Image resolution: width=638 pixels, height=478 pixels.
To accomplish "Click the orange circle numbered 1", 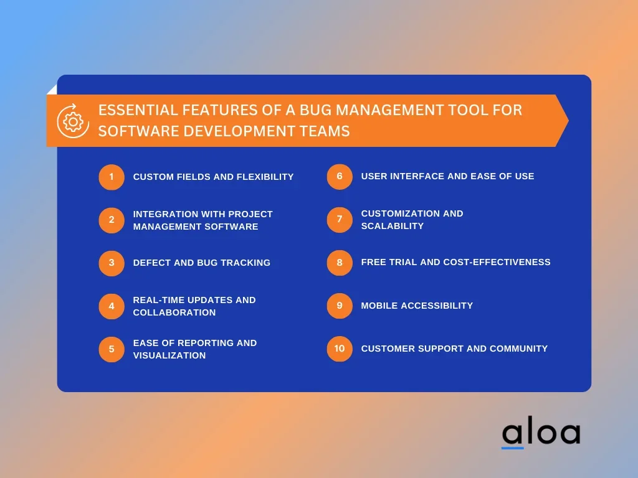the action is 112,177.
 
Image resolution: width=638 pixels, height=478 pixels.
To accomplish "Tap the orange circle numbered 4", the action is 112,306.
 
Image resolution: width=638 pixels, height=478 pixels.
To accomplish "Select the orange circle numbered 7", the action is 340,220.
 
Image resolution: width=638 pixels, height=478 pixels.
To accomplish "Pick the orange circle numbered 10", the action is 340,349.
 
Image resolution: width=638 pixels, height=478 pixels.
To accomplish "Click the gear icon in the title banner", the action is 74,121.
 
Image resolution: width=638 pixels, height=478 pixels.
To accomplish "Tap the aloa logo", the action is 541,432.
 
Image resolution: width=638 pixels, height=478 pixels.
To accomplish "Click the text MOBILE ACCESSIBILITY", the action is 417,306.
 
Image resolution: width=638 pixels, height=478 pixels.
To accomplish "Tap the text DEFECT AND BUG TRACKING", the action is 202,263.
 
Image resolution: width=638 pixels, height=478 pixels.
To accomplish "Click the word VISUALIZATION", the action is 169,355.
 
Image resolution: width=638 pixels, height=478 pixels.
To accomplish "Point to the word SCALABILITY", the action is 393,226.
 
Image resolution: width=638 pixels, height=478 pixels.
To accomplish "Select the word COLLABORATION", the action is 174,312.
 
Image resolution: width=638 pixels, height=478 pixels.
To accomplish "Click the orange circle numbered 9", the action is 340,306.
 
